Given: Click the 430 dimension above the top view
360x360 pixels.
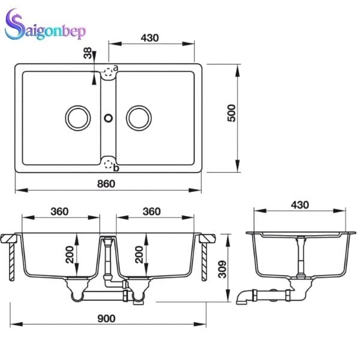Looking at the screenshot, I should pos(149,37).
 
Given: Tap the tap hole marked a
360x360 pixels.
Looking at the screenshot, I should pos(108,73).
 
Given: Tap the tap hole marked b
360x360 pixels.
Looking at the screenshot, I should pos(108,163).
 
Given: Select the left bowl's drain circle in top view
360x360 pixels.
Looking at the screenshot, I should pos(77,118).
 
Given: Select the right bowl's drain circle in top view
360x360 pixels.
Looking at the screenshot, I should pos(139,118).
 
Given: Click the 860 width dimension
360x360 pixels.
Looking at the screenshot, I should pos(106,184).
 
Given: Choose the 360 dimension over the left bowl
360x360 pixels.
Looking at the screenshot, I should pos(59,211).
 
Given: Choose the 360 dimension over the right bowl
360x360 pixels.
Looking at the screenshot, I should pos(152,211).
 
